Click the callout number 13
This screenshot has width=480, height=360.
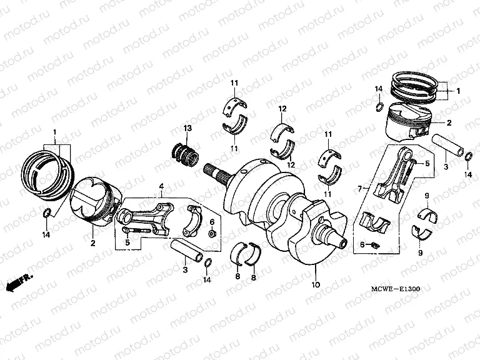[x=187, y=128]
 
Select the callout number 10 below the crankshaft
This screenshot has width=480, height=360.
[x=316, y=285]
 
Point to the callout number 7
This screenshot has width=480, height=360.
[x=359, y=188]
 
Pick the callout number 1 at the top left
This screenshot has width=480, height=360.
[x=54, y=132]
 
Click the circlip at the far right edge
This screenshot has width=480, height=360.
[x=468, y=164]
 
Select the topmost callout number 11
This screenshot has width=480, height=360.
[x=234, y=84]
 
